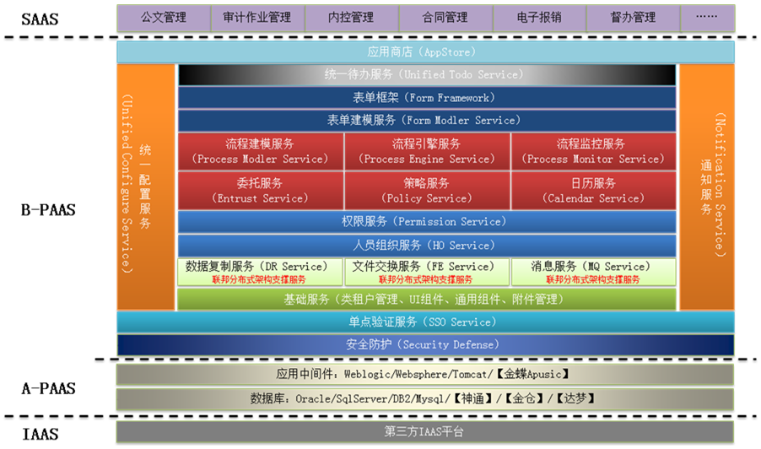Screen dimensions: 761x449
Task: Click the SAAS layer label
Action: (40, 19)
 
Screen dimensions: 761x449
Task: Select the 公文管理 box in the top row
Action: (164, 18)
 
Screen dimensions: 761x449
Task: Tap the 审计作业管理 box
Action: (257, 18)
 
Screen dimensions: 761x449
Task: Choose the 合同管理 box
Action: (445, 18)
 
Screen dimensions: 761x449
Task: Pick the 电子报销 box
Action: (540, 18)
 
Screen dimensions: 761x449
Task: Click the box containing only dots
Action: (708, 18)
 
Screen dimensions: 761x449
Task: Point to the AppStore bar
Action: (425, 52)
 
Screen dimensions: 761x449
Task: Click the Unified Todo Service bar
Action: (427, 75)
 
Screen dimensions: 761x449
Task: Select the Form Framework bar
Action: (427, 98)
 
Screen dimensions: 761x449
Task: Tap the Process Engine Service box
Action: (427, 151)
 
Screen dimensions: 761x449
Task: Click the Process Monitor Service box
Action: (593, 151)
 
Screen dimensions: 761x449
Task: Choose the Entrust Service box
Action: (261, 190)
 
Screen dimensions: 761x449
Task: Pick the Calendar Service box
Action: (593, 190)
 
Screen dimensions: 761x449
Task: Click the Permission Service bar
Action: (427, 222)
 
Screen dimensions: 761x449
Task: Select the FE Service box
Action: (427, 272)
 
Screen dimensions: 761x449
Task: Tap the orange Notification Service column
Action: (707, 187)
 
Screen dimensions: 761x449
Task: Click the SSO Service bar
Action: (425, 322)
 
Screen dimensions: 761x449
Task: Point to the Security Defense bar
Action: (425, 344)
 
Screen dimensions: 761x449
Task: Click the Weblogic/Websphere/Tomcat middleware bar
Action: (424, 374)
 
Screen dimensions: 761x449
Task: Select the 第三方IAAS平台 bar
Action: (424, 431)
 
